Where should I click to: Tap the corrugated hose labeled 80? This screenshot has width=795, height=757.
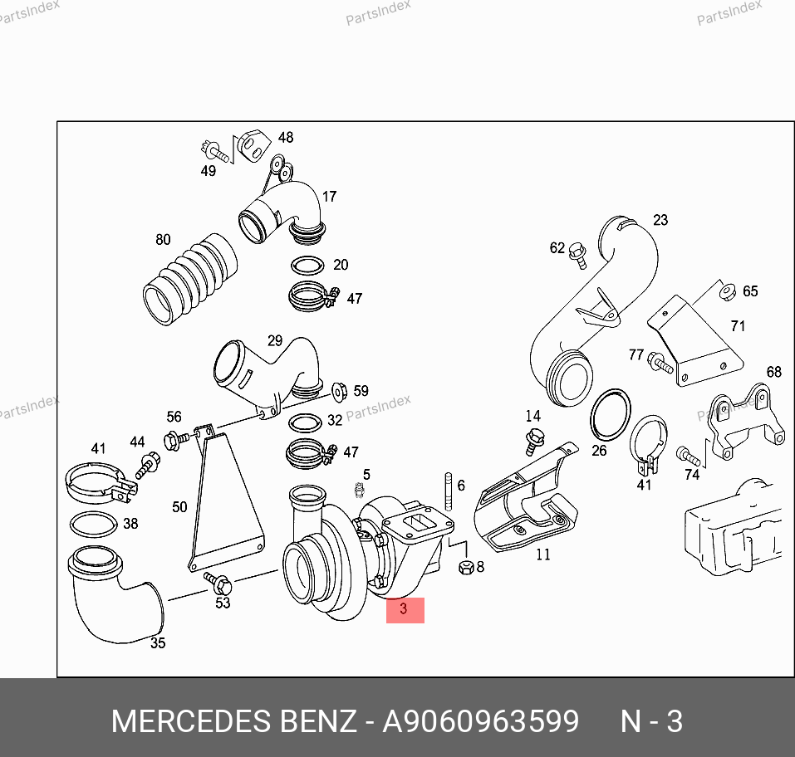point(190,279)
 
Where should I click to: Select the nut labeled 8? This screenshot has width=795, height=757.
point(466,567)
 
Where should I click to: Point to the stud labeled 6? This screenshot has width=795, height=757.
point(449,491)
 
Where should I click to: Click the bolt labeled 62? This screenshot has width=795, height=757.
point(578,255)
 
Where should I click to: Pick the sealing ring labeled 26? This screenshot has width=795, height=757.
point(611,416)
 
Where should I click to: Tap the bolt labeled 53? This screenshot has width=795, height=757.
point(218,584)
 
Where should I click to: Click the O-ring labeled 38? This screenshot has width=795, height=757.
point(94,525)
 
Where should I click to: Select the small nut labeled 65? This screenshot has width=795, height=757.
point(728,292)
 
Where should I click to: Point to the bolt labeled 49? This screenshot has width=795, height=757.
point(214,152)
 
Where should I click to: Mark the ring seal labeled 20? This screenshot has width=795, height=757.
point(307,266)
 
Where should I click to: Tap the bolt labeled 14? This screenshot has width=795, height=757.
point(534,442)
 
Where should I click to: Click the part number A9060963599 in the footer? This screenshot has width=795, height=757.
point(480,720)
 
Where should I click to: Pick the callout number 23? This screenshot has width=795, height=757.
point(660,220)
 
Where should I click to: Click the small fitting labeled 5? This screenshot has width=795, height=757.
point(360,490)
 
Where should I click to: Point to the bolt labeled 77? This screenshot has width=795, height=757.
point(660,363)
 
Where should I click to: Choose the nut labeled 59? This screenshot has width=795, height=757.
point(339,392)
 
